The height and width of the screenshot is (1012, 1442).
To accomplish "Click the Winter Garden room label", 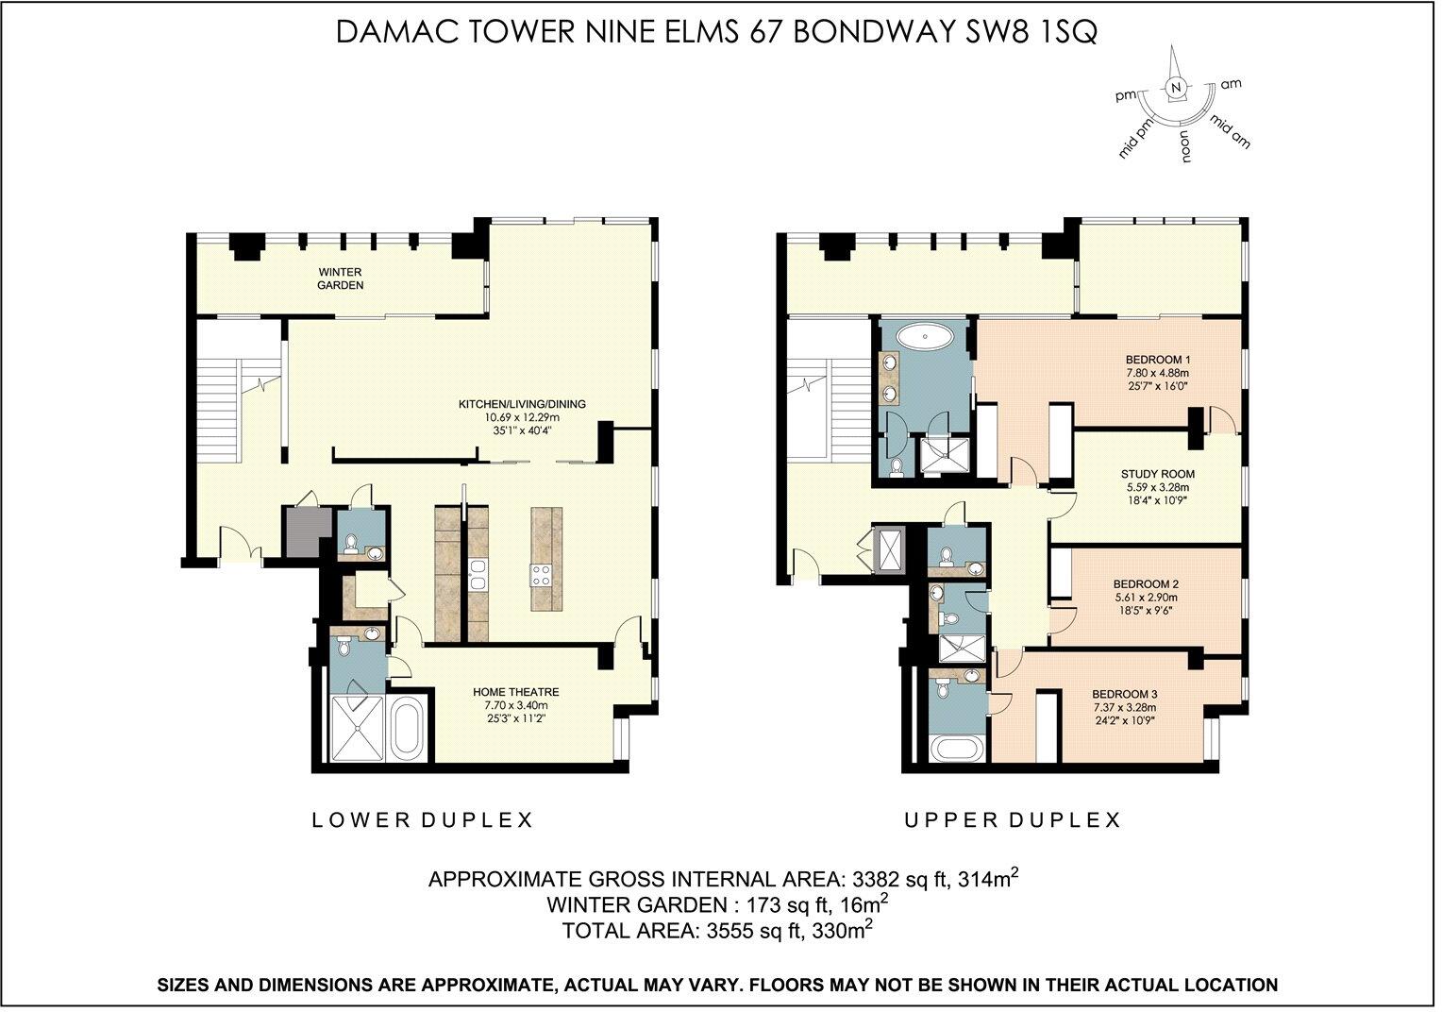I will point(340,278).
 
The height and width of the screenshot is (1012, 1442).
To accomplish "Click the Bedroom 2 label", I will point(1146,583).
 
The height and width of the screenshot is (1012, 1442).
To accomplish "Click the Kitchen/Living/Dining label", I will point(522,404).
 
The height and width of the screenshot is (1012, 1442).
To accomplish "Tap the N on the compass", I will point(1175,88).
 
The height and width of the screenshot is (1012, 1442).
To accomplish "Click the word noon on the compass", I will point(1184,146).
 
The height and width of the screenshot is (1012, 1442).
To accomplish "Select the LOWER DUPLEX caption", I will point(423,820).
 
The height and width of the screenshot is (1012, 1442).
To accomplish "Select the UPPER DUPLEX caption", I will point(1013,820).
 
